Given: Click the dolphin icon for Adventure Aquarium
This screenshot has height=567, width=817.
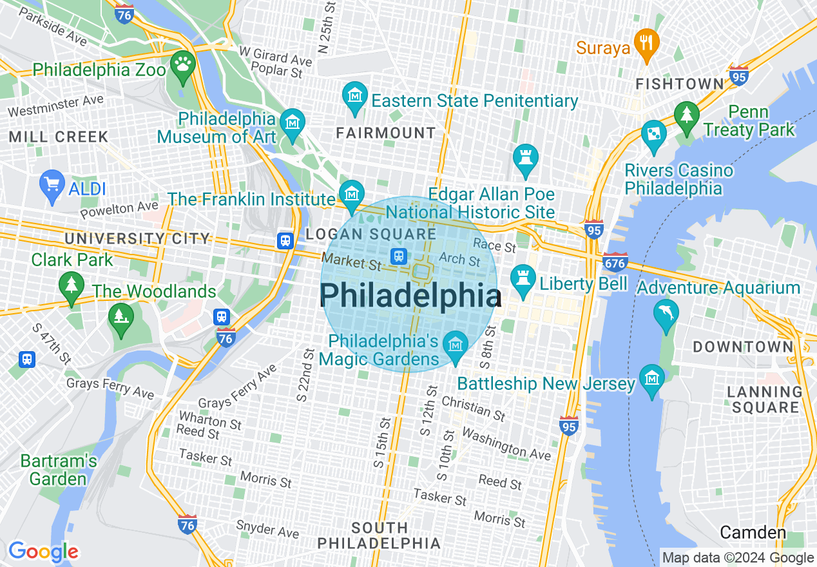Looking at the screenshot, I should (x=665, y=313).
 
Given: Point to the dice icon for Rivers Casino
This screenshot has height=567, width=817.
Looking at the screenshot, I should (x=654, y=135).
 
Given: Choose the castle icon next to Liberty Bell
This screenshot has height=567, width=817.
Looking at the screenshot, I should (x=523, y=279).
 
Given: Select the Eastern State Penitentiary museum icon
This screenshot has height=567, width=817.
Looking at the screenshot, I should (x=354, y=97).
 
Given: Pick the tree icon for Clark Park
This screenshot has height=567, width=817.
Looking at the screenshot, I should (x=71, y=284).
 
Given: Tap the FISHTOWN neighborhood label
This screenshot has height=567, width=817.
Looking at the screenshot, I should (x=680, y=84).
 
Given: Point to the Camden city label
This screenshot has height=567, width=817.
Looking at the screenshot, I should (x=753, y=533).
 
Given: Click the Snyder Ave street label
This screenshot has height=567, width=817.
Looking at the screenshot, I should (x=267, y=529).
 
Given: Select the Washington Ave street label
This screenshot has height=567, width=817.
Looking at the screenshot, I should (x=506, y=444).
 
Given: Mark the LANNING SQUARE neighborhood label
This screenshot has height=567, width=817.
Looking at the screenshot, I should (x=765, y=399).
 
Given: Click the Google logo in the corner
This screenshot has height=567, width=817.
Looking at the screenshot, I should (x=43, y=552).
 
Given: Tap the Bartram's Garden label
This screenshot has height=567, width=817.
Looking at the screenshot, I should (x=58, y=470).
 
